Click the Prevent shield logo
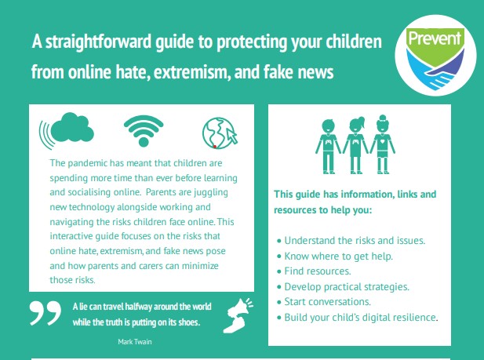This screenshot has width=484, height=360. tap(435, 58)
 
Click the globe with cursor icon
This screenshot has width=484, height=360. tap(220, 133)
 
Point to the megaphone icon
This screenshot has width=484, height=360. tap(238, 315)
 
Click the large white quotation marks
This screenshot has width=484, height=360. tap(45, 313)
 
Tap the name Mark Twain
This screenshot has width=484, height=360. tap(135, 342)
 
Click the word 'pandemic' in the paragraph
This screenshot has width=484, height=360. tap(87, 163)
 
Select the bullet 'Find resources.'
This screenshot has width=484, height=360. tap(314, 271)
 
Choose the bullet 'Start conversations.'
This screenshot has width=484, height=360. tap(324, 302)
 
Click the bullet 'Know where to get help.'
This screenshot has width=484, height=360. tap(335, 256)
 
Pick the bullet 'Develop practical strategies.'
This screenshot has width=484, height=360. tap(343, 287)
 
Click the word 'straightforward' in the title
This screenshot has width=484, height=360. tap(99, 42)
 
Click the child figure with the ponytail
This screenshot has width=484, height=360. tap(355, 145)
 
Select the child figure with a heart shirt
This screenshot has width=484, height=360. tap(383, 144)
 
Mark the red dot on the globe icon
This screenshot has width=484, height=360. tap(215, 147)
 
